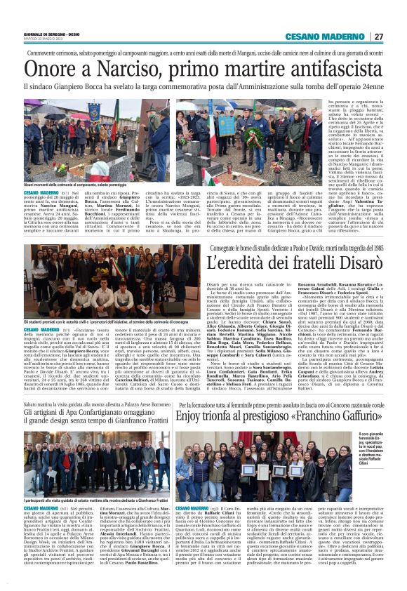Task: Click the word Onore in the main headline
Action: point(50,69)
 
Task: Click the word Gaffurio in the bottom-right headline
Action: point(352,418)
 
